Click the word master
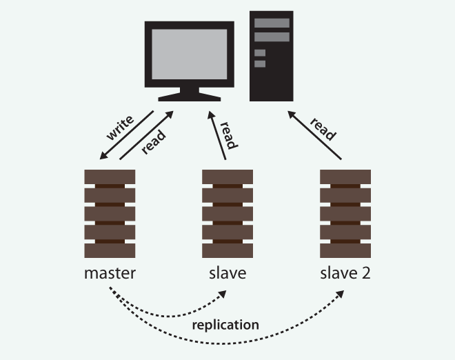pyautogui.click(x=110, y=273)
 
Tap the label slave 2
pyautogui.click(x=345, y=273)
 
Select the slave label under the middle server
pyautogui.click(x=227, y=273)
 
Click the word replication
pyautogui.click(x=225, y=324)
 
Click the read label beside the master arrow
pyautogui.click(x=154, y=143)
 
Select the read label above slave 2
pyautogui.click(x=323, y=128)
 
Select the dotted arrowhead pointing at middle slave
pyautogui.click(x=222, y=294)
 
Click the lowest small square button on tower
pyautogui.click(x=260, y=64)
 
